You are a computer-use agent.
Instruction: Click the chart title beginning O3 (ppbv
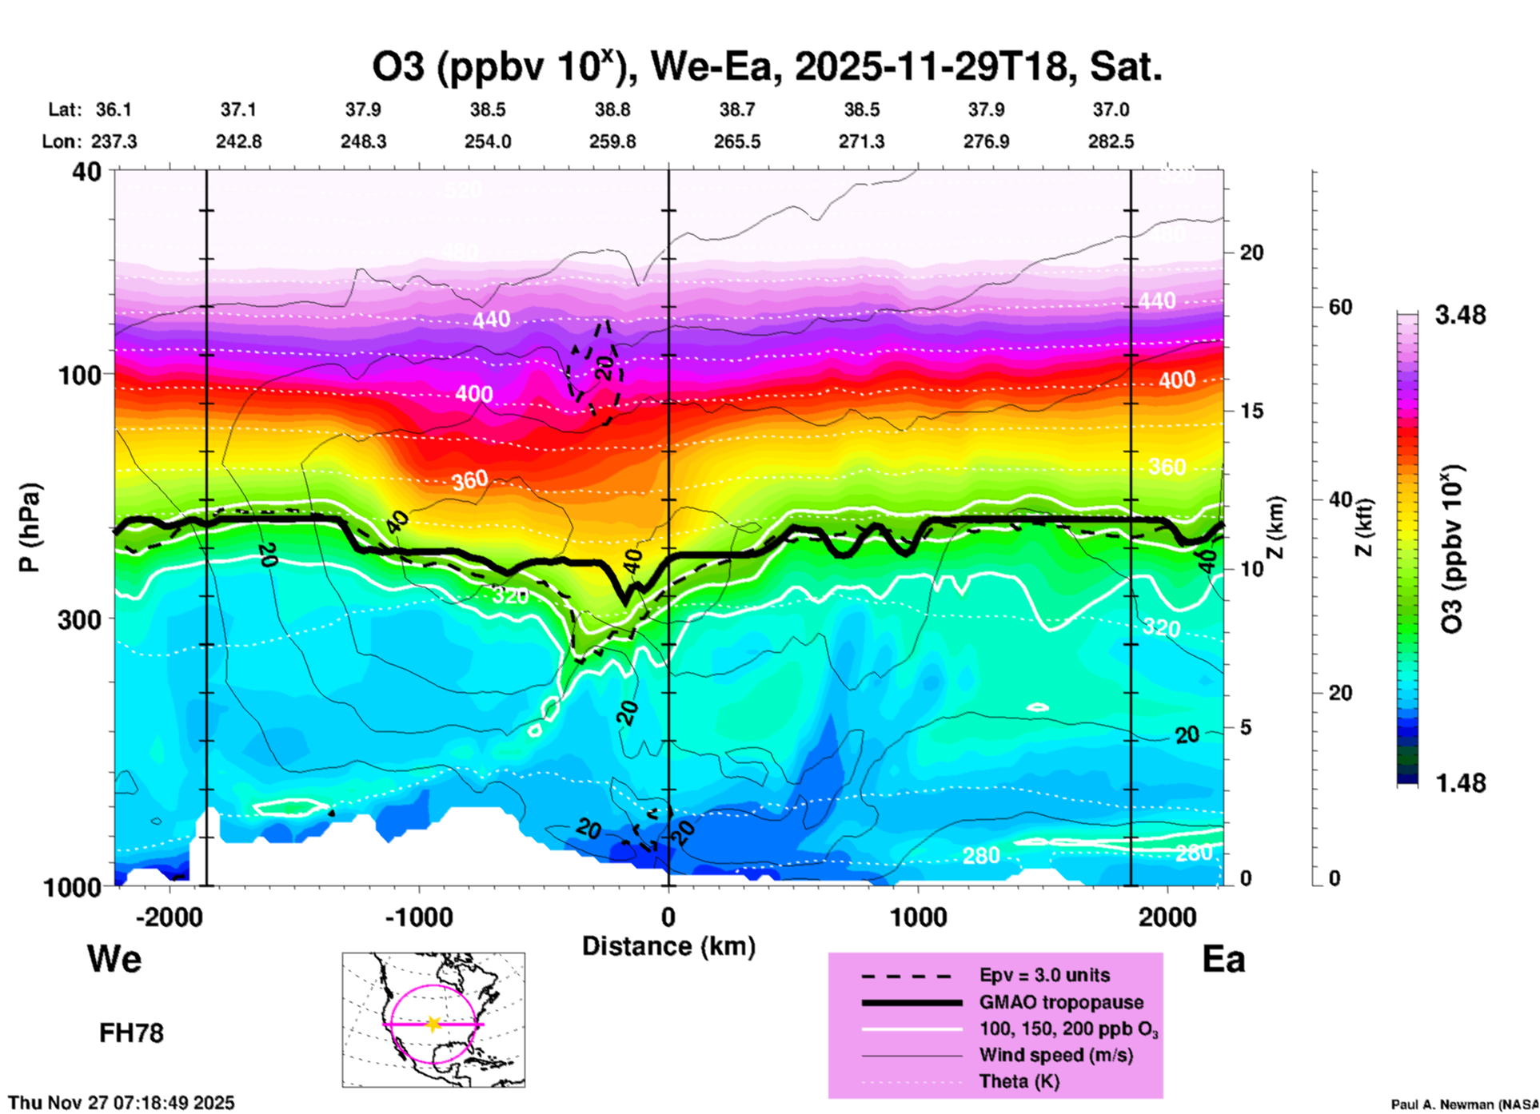tap(766, 67)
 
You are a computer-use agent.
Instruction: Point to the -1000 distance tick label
tap(418, 917)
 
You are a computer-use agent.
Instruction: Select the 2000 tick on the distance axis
tap(1167, 917)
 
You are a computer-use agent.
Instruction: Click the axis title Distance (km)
tap(668, 947)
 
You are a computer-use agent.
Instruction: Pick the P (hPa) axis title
tap(30, 527)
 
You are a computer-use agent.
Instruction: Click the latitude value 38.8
tap(612, 110)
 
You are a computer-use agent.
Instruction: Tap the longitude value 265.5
tap(737, 142)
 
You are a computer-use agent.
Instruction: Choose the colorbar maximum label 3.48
tap(1460, 316)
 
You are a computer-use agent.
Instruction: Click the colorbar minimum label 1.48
tap(1460, 783)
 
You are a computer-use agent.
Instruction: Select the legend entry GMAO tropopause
tap(1061, 1002)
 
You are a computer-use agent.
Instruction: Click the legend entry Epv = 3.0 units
tap(1044, 976)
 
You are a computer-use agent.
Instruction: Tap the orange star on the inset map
tap(433, 1024)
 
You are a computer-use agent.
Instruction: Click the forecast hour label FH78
tap(131, 1034)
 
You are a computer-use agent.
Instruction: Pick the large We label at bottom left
tap(114, 958)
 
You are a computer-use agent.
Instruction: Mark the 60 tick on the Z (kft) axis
tap(1340, 308)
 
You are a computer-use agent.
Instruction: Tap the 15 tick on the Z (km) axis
tap(1251, 411)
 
